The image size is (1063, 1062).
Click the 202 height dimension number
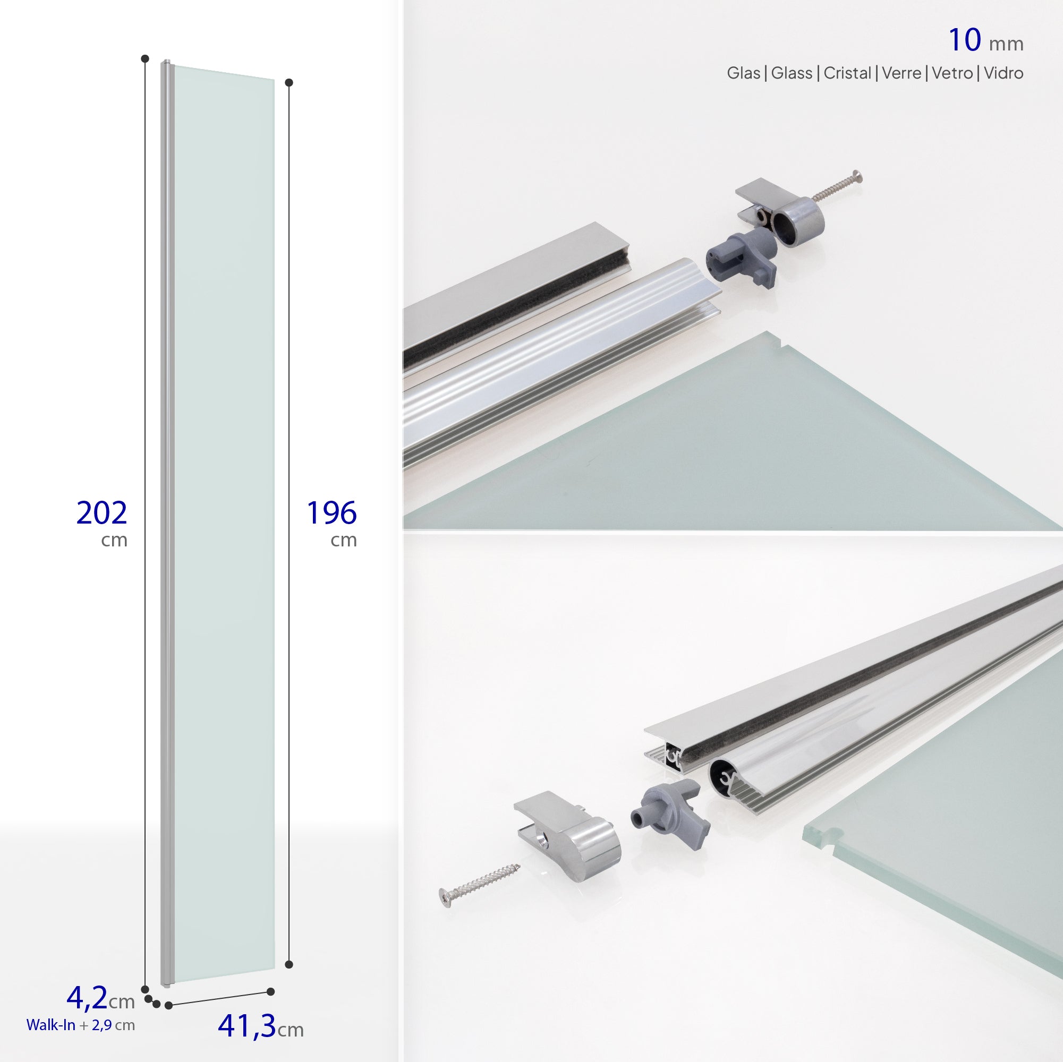pyautogui.click(x=102, y=512)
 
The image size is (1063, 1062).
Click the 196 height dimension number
pyautogui.click(x=331, y=512)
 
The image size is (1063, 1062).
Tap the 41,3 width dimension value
pyautogui.click(x=247, y=1025)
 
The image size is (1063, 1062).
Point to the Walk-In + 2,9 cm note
pyautogui.click(x=80, y=1025)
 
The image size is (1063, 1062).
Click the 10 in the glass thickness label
pyautogui.click(x=965, y=40)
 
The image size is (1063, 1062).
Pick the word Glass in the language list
pyautogui.click(x=791, y=73)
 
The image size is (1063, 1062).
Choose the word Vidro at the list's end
pyautogui.click(x=1004, y=73)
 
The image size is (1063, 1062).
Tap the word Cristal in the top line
pyautogui.click(x=847, y=73)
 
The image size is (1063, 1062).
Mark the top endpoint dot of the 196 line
pyautogui.click(x=289, y=82)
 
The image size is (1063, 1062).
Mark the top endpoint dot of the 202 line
pyautogui.click(x=144, y=58)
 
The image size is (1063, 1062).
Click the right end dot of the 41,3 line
pyautogui.click(x=270, y=991)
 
